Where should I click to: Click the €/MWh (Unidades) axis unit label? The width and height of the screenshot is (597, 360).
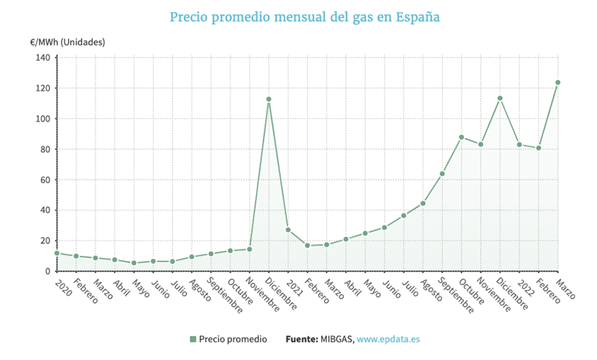68,42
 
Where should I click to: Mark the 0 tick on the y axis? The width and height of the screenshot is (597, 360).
47,271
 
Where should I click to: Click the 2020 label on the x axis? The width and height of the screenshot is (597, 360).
62,286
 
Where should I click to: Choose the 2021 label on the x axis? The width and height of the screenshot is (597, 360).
294,286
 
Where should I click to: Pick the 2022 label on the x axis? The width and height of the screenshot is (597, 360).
525,286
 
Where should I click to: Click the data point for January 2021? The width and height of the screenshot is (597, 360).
288,230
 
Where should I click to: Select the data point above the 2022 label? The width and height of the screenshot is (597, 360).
519,145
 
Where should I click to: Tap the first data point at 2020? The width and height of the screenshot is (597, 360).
57,252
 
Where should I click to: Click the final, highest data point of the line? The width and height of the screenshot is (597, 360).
557,83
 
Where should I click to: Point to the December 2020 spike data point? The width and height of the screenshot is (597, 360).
269,99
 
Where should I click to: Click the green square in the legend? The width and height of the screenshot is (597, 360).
192,339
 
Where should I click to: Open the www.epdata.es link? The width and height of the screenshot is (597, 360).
388,339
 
